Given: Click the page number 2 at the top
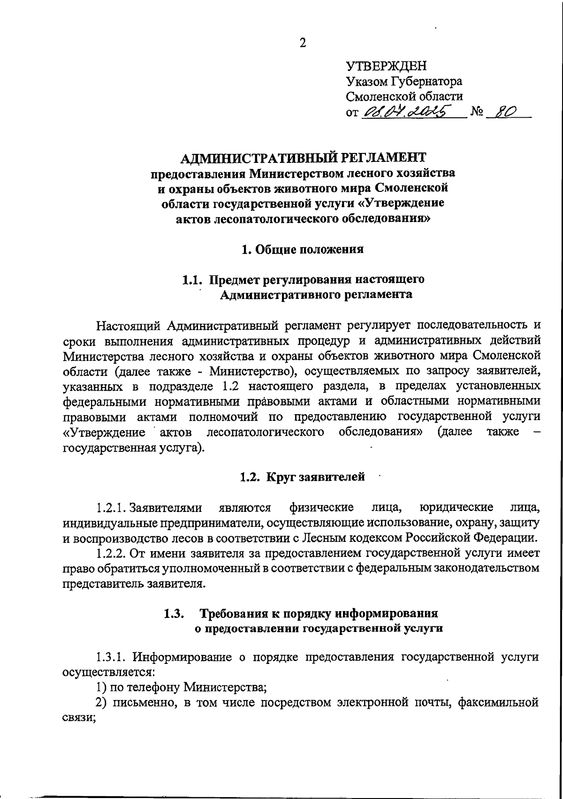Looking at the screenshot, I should [303, 43].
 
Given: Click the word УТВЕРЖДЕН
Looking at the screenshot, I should [386, 66].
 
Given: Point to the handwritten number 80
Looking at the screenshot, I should [504, 112].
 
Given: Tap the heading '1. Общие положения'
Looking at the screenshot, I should [302, 249].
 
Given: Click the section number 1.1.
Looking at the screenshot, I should [192, 280].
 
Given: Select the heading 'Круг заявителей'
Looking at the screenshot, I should [316, 477].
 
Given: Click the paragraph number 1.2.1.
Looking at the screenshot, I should [111, 508].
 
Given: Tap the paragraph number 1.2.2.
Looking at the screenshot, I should [111, 553].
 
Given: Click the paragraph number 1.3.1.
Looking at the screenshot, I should [111, 657].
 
